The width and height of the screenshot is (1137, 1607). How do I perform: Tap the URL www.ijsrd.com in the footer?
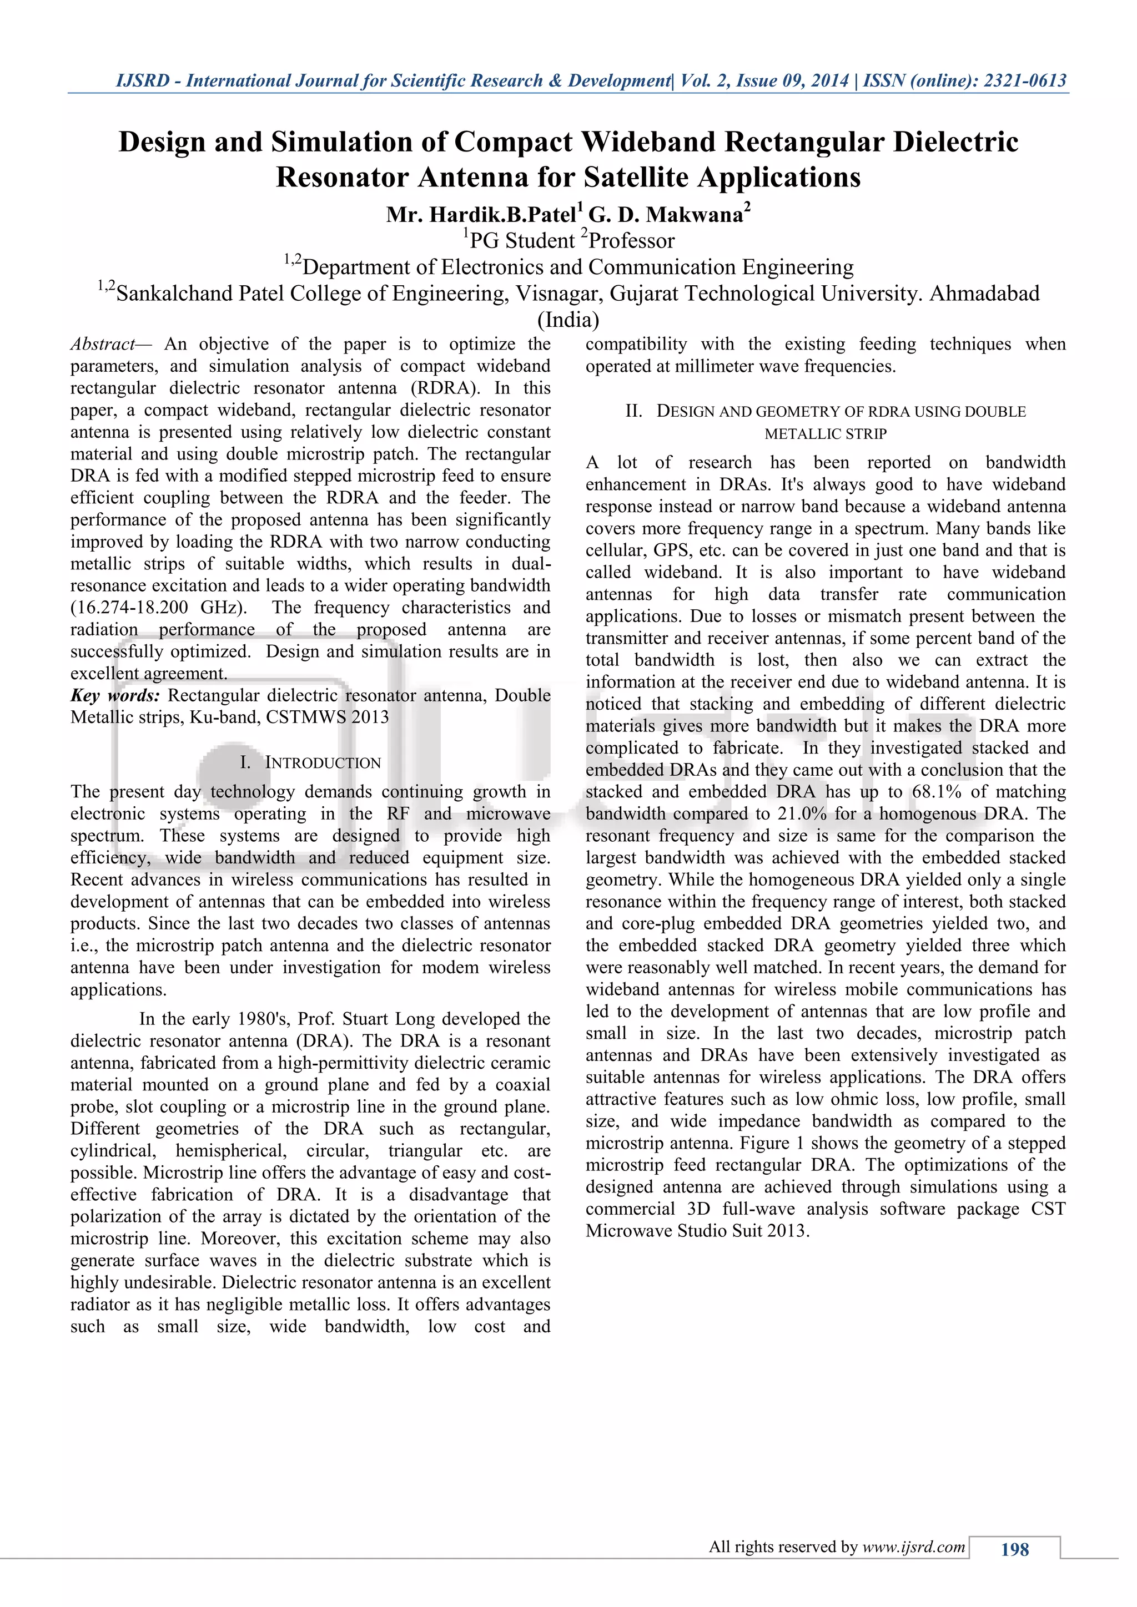pos(914,1547)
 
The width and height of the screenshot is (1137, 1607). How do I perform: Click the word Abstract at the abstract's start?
pos(102,345)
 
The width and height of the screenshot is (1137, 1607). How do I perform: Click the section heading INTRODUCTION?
pos(323,763)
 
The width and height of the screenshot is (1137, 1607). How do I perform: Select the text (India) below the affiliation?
pos(568,320)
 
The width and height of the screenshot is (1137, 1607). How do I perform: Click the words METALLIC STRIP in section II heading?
pos(826,434)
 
